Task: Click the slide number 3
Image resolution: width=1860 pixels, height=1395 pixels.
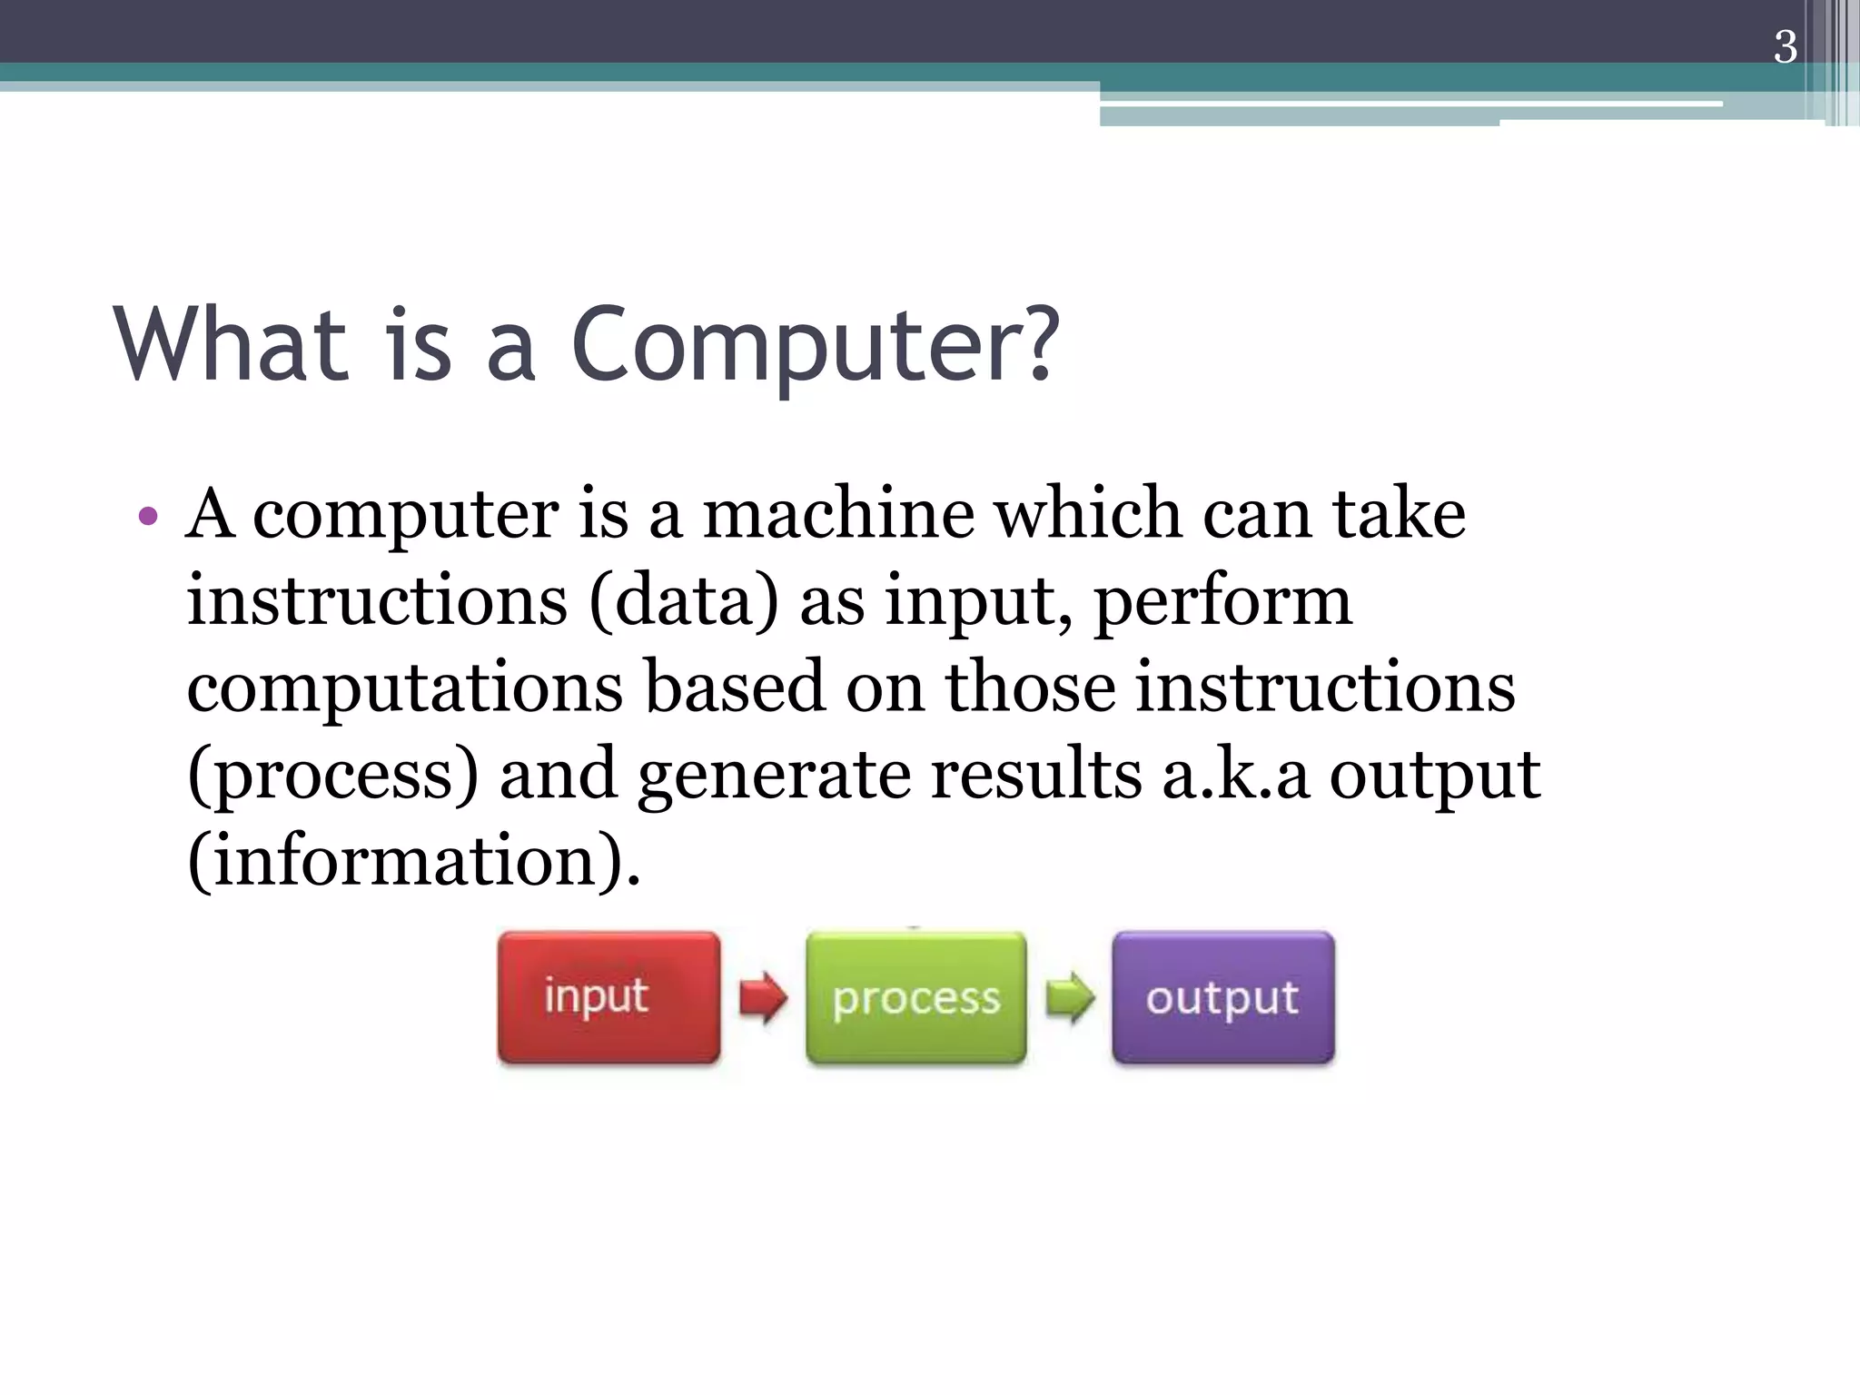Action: click(x=1785, y=47)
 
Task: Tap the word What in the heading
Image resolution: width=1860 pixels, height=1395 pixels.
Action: click(x=232, y=345)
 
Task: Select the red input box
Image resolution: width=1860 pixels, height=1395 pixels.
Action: click(x=608, y=997)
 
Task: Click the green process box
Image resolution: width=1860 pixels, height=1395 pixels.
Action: click(x=915, y=997)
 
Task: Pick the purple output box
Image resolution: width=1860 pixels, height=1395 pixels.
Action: click(x=1222, y=997)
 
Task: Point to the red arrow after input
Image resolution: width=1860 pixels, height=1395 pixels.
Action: click(x=763, y=997)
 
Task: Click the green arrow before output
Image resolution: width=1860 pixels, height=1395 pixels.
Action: click(x=1070, y=997)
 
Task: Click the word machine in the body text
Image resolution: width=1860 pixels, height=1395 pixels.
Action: click(x=838, y=514)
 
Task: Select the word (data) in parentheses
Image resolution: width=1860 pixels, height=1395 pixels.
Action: click(x=683, y=601)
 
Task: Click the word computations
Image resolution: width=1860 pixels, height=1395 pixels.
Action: click(x=405, y=688)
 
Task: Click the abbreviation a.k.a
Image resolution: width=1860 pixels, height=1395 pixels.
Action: click(x=1235, y=774)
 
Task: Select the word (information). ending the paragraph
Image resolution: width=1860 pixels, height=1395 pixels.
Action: click(x=413, y=861)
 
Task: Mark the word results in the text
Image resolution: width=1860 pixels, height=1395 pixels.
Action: click(x=1035, y=774)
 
